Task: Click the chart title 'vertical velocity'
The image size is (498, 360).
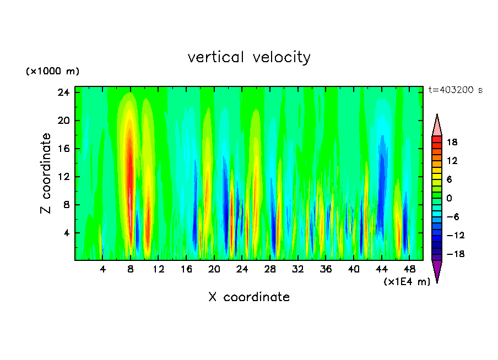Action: point(249,57)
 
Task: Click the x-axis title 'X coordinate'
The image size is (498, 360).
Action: point(249,297)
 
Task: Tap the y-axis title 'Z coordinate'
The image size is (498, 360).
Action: point(46,173)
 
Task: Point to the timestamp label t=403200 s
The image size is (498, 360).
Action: point(455,90)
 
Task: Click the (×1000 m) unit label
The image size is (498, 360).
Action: point(52,72)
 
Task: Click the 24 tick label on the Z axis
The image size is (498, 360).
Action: point(64,92)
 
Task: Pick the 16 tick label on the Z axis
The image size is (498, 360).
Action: point(64,149)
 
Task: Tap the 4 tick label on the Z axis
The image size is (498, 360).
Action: point(67,233)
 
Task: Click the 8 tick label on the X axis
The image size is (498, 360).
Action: point(131,269)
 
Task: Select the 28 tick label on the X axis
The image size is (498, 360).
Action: point(270,269)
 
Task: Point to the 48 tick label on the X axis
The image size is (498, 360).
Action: point(409,269)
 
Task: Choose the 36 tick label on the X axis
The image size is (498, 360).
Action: point(326,269)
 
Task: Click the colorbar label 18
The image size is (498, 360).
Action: point(452,142)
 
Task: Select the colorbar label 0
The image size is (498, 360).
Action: point(449,198)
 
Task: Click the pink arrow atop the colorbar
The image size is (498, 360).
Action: point(437,126)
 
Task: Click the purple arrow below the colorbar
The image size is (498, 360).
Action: point(437,271)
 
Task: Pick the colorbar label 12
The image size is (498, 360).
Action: point(452,161)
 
